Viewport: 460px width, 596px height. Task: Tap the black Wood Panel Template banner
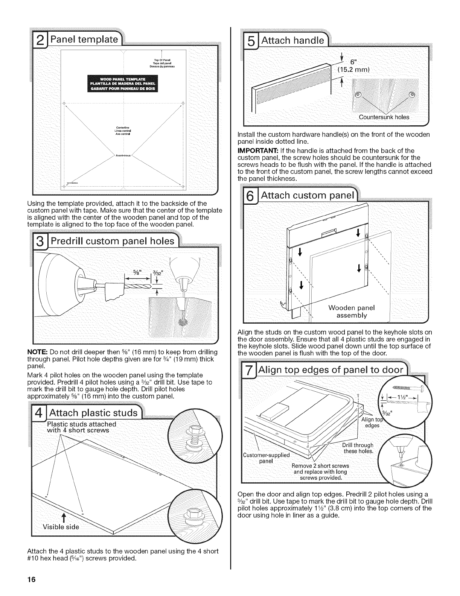(123, 83)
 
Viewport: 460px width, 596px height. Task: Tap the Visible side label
(63, 526)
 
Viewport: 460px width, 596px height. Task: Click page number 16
(31, 580)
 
